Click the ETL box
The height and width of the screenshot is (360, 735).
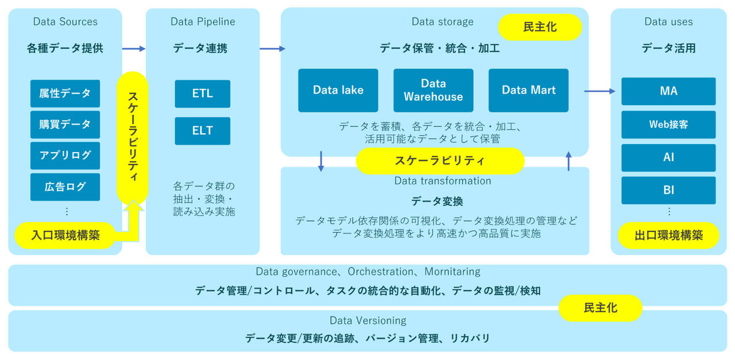(202, 94)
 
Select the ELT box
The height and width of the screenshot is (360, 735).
(202, 131)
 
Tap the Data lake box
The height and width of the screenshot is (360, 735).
(338, 90)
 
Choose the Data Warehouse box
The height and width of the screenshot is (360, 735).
(433, 90)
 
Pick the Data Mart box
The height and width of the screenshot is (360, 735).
(528, 90)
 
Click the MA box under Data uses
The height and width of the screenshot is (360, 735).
(668, 91)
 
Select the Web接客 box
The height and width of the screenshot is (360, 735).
(668, 124)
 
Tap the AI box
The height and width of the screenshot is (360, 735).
(668, 157)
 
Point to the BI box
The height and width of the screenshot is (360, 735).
(668, 190)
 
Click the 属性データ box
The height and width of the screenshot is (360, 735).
(65, 93)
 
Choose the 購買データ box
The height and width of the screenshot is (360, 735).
(65, 125)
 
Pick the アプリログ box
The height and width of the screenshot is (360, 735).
(65, 156)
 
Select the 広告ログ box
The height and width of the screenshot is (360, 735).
(65, 187)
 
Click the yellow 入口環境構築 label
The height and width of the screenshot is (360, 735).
(65, 235)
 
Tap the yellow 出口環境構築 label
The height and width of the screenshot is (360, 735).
(668, 235)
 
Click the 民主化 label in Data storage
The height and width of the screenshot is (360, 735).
(540, 27)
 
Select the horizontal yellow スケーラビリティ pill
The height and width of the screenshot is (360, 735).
(440, 161)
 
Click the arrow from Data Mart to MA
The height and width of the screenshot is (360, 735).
(599, 91)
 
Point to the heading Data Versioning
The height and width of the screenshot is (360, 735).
(367, 320)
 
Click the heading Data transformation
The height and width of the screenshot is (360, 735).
(442, 181)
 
